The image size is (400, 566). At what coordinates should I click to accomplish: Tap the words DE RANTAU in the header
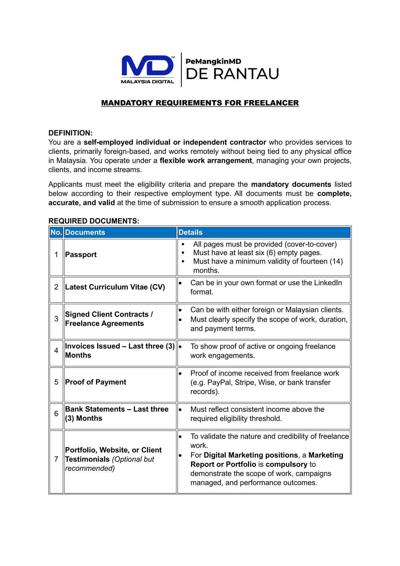[x=232, y=74]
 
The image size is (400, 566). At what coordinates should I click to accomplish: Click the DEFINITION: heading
[x=70, y=133]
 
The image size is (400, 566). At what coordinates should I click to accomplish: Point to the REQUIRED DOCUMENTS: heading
[x=94, y=221]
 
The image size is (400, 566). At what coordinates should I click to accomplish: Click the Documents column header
[x=85, y=232]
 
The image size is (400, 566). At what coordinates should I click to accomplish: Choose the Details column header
[x=191, y=232]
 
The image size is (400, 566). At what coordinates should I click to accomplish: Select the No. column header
[x=56, y=232]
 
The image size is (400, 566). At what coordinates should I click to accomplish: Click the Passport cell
[x=81, y=255]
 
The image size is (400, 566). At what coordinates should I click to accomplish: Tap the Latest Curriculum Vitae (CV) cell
[x=115, y=287]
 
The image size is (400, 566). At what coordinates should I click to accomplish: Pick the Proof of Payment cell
[x=95, y=382]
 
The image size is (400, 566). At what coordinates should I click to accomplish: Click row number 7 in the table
[x=56, y=459]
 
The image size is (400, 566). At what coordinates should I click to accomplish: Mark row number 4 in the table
[x=56, y=351]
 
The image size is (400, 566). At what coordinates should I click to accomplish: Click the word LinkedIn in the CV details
[x=328, y=283]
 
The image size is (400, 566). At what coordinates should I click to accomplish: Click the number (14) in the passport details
[x=336, y=261]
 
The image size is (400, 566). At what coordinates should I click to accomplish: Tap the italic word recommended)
[x=90, y=468]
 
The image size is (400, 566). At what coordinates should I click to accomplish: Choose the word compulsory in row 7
[x=287, y=464]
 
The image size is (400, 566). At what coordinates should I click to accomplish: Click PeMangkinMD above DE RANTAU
[x=213, y=62]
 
